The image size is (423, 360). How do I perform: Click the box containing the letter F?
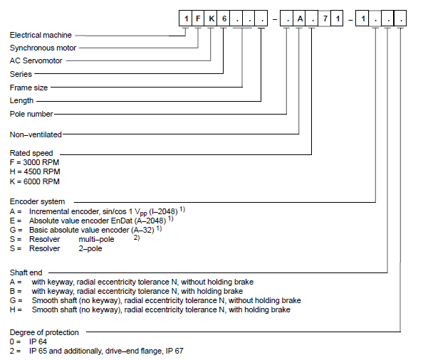[x=198, y=18]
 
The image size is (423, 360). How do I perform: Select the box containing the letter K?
[x=210, y=18]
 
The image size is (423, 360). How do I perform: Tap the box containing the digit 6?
[x=223, y=18]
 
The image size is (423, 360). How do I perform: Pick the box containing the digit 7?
[x=325, y=18]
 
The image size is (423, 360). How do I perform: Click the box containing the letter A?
[x=299, y=18]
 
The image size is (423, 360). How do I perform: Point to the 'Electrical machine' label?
[x=41, y=35]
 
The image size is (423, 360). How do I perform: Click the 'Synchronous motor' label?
[x=43, y=48]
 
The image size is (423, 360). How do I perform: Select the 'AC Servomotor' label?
[x=36, y=60]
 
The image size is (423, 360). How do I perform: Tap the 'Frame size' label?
[x=28, y=88]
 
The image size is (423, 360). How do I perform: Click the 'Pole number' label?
[x=31, y=114]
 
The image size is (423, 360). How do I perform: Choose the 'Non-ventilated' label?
[x=36, y=134]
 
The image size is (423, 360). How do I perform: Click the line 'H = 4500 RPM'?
[x=35, y=171]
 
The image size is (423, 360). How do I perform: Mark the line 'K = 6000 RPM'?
[x=34, y=181]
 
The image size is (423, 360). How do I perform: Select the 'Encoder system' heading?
[x=37, y=201]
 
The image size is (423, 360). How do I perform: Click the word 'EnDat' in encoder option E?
[x=122, y=221]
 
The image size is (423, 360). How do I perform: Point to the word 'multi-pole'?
[x=96, y=239]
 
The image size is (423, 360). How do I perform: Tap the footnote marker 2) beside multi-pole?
[x=137, y=238]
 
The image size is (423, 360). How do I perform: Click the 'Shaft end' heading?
[x=26, y=272]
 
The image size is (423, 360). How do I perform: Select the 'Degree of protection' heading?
[x=44, y=332]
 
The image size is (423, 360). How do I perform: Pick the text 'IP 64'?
[x=38, y=342]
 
